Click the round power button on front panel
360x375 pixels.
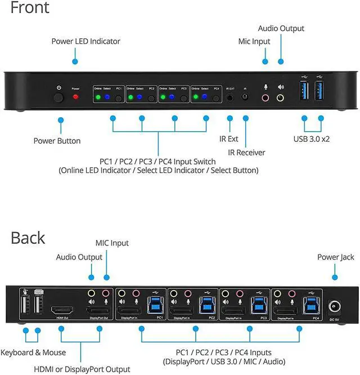58,97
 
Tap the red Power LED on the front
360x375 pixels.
75,97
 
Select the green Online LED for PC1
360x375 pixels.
98,97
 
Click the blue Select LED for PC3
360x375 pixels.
172,97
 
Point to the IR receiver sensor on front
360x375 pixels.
245,97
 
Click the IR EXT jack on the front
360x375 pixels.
230,97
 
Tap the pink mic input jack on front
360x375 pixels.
265,97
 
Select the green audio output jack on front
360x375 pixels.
280,97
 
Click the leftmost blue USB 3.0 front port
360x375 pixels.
304,92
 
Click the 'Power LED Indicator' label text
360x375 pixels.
85,41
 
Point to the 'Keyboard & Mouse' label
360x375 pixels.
33,352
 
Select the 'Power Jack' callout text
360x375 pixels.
335,257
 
